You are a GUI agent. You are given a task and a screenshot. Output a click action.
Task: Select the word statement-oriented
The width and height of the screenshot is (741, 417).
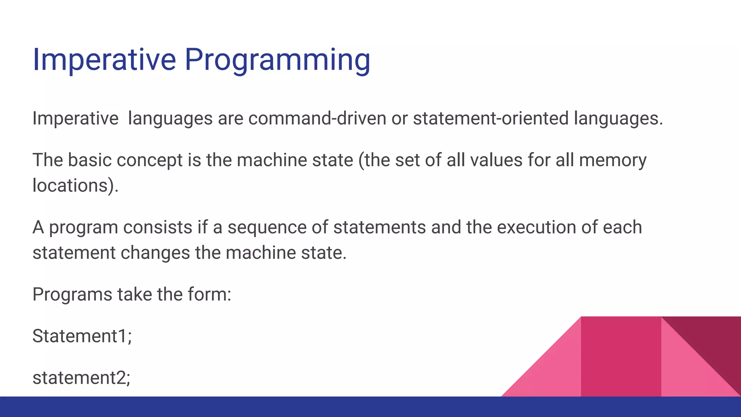491,118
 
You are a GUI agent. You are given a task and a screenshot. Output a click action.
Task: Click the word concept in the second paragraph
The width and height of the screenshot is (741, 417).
149,160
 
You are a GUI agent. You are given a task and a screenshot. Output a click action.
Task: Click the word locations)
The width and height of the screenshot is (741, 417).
75,185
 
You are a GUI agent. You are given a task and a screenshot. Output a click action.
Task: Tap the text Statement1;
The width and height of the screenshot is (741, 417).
82,336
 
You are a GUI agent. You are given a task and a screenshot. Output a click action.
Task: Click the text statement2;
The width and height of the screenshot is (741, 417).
81,378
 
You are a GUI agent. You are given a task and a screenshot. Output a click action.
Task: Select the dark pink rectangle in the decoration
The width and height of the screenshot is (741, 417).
621,357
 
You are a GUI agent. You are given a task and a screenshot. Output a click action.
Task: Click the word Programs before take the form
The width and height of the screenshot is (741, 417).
72,294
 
